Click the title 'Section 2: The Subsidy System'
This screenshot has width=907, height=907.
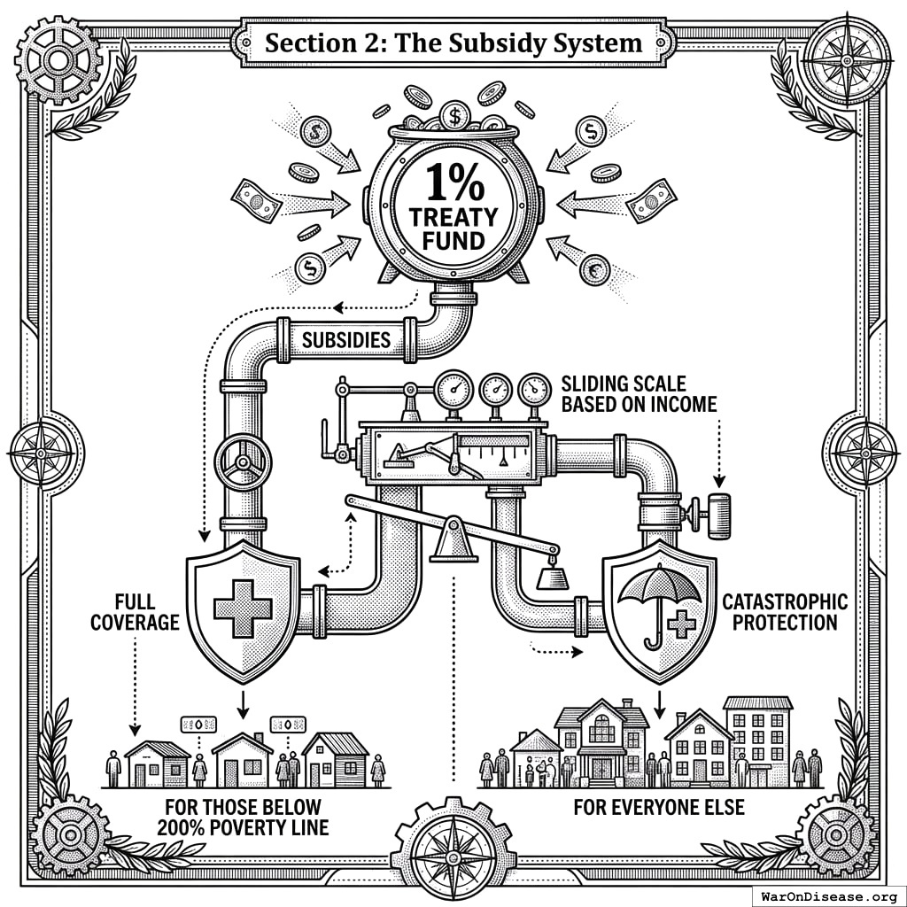(453, 42)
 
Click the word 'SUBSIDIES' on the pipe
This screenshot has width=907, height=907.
(346, 340)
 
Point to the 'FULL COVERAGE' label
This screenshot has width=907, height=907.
(135, 612)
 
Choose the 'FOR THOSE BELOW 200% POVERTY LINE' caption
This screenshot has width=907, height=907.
(243, 817)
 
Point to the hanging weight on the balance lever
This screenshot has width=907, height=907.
(552, 578)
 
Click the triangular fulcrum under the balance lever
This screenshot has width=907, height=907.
(452, 542)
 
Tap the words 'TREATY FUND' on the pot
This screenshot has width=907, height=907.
(453, 229)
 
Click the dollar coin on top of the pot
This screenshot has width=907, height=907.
(454, 114)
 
